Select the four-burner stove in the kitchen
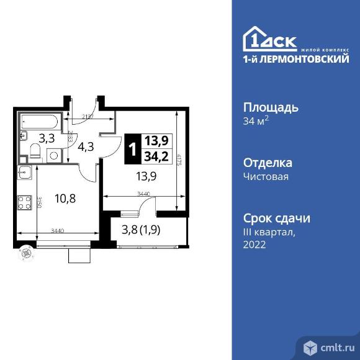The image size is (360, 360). (x=24, y=202)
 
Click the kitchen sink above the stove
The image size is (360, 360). (x=24, y=173)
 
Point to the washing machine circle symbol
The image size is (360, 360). (x=53, y=155)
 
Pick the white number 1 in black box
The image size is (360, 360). (x=132, y=149)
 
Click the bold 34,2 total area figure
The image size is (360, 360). (x=157, y=156)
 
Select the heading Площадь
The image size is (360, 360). (x=270, y=107)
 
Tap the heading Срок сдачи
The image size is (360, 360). (x=276, y=218)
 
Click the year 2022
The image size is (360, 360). (x=254, y=245)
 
